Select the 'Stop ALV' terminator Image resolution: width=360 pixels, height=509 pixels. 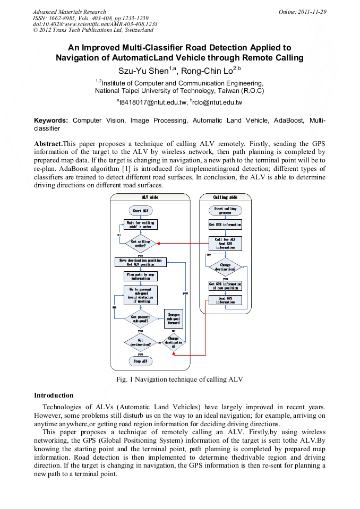(x=141, y=361)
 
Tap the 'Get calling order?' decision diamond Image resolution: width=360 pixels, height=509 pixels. (x=141, y=244)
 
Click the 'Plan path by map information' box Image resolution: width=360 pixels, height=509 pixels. (x=141, y=277)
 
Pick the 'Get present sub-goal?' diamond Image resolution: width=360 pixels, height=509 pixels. (x=141, y=319)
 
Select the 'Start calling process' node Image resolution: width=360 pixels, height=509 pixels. (x=226, y=211)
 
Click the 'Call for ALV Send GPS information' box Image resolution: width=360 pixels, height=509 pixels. (x=226, y=243)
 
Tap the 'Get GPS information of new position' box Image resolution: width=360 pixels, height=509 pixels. (x=226, y=286)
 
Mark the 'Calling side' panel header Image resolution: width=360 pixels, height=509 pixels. (x=226, y=197)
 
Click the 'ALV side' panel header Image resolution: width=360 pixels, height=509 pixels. (x=150, y=197)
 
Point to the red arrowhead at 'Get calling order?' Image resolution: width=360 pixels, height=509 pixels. (x=159, y=244)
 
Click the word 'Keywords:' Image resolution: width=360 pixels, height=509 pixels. (x=52, y=121)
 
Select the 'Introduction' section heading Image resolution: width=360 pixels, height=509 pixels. (x=54, y=395)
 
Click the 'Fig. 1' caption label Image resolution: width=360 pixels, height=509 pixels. (x=125, y=379)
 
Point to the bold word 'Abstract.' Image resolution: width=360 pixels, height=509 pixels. (x=48, y=144)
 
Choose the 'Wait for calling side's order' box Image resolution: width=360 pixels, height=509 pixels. (x=141, y=224)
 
